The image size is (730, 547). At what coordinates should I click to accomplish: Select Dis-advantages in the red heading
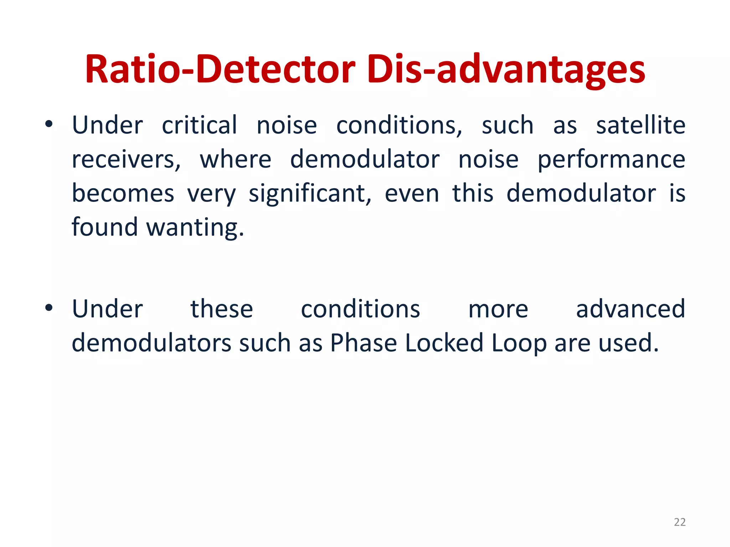[x=506, y=69]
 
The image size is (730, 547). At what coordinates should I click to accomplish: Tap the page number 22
[x=680, y=522]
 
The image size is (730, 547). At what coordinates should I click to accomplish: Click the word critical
[x=199, y=125]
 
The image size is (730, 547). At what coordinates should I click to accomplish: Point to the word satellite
[x=641, y=125]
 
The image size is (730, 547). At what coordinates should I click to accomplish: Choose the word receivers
[x=126, y=160]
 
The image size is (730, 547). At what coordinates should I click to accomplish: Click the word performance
[x=611, y=160]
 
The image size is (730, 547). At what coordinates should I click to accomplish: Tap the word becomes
[x=123, y=194]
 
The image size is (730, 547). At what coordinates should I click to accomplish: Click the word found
[x=104, y=227]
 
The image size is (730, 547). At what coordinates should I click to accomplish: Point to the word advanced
[x=630, y=309]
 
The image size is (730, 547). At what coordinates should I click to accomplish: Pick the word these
[x=221, y=309]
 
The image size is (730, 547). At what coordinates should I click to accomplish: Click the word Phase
[x=363, y=343]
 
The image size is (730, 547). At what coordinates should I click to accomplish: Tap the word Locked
[x=444, y=343]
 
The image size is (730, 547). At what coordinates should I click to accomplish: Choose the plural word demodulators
[x=151, y=343]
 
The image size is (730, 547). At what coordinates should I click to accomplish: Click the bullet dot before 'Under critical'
[x=49, y=124]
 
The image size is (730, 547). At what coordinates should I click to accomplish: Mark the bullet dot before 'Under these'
[x=49, y=308]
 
